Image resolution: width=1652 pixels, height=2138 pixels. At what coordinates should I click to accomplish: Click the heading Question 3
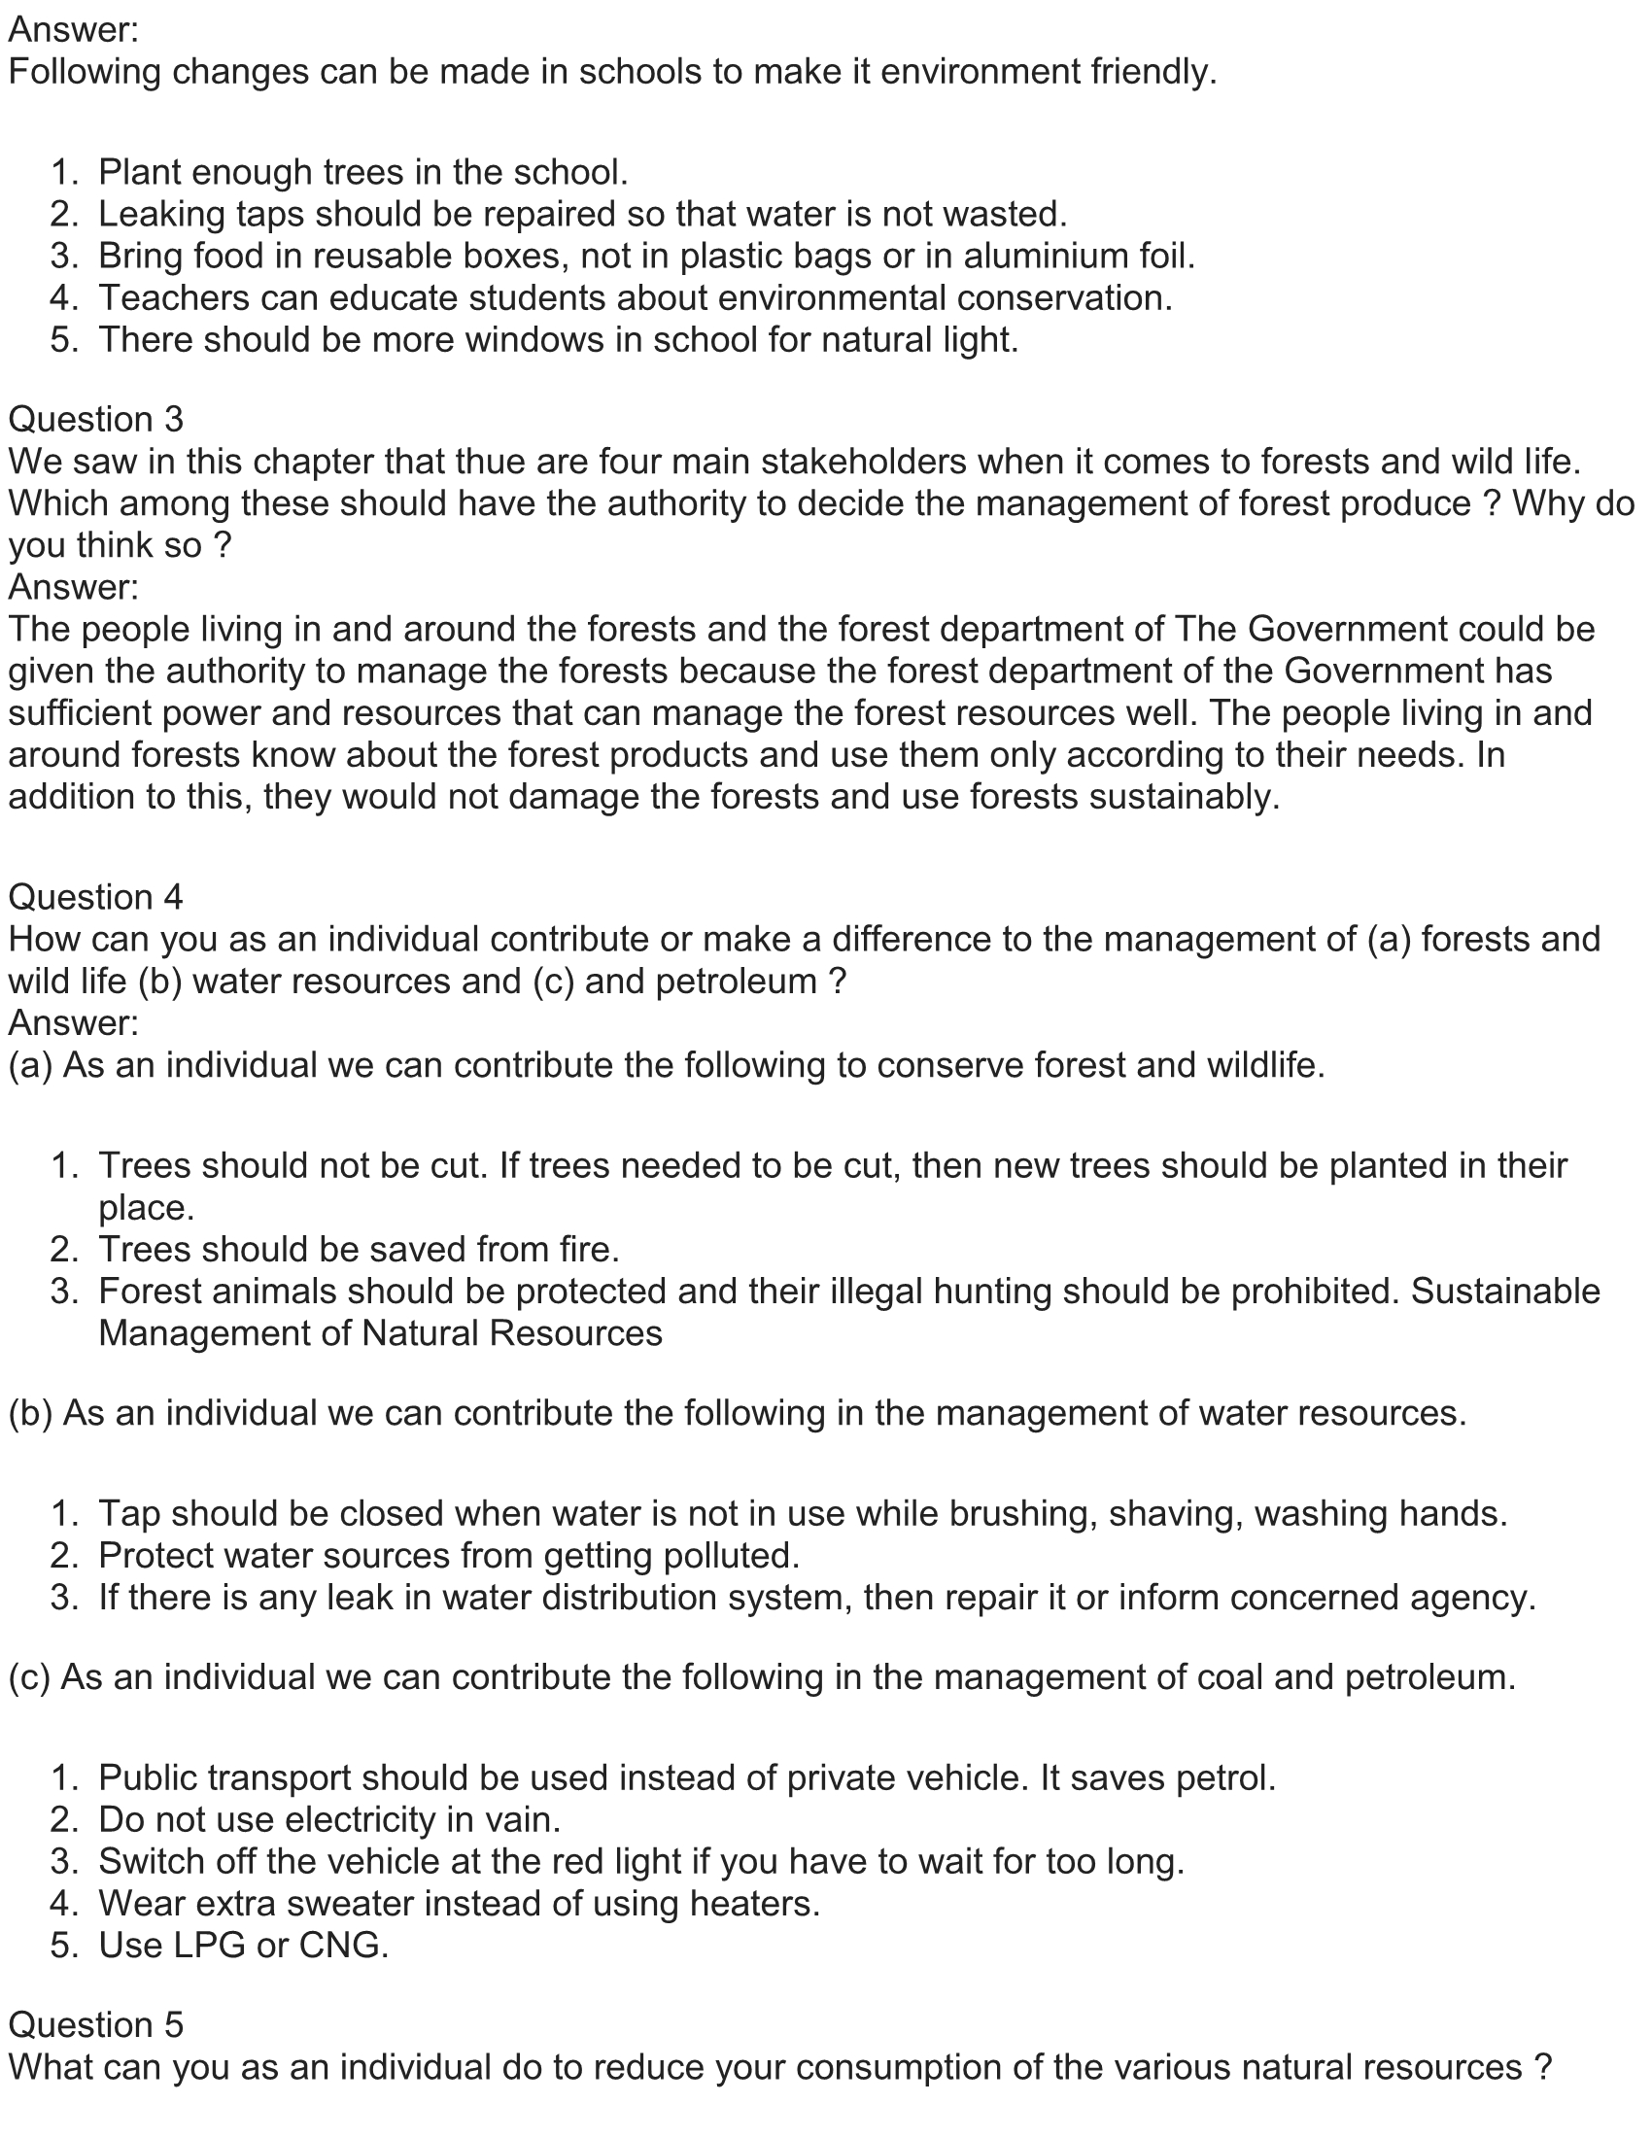click(x=96, y=419)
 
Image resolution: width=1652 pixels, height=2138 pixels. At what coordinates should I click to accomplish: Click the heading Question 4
click(x=96, y=897)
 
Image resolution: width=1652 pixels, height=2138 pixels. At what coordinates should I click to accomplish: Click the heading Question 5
click(x=96, y=2024)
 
